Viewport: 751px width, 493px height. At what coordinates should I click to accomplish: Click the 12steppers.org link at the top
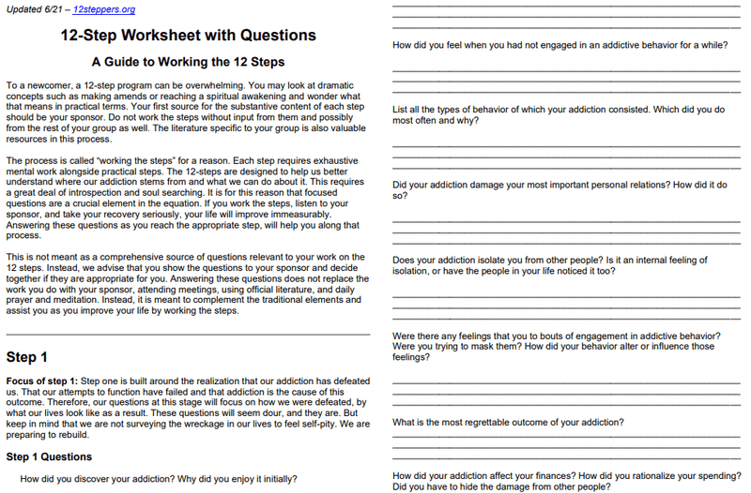click(103, 9)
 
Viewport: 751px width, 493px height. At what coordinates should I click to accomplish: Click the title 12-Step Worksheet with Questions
click(188, 36)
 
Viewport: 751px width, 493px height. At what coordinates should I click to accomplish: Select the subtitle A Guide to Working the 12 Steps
click(187, 63)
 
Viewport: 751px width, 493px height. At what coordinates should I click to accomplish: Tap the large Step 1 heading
click(27, 357)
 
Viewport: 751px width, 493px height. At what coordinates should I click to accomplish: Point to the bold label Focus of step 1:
click(41, 381)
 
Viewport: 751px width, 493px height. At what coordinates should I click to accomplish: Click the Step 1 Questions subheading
click(49, 456)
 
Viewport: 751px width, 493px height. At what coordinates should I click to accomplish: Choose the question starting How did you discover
click(158, 479)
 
